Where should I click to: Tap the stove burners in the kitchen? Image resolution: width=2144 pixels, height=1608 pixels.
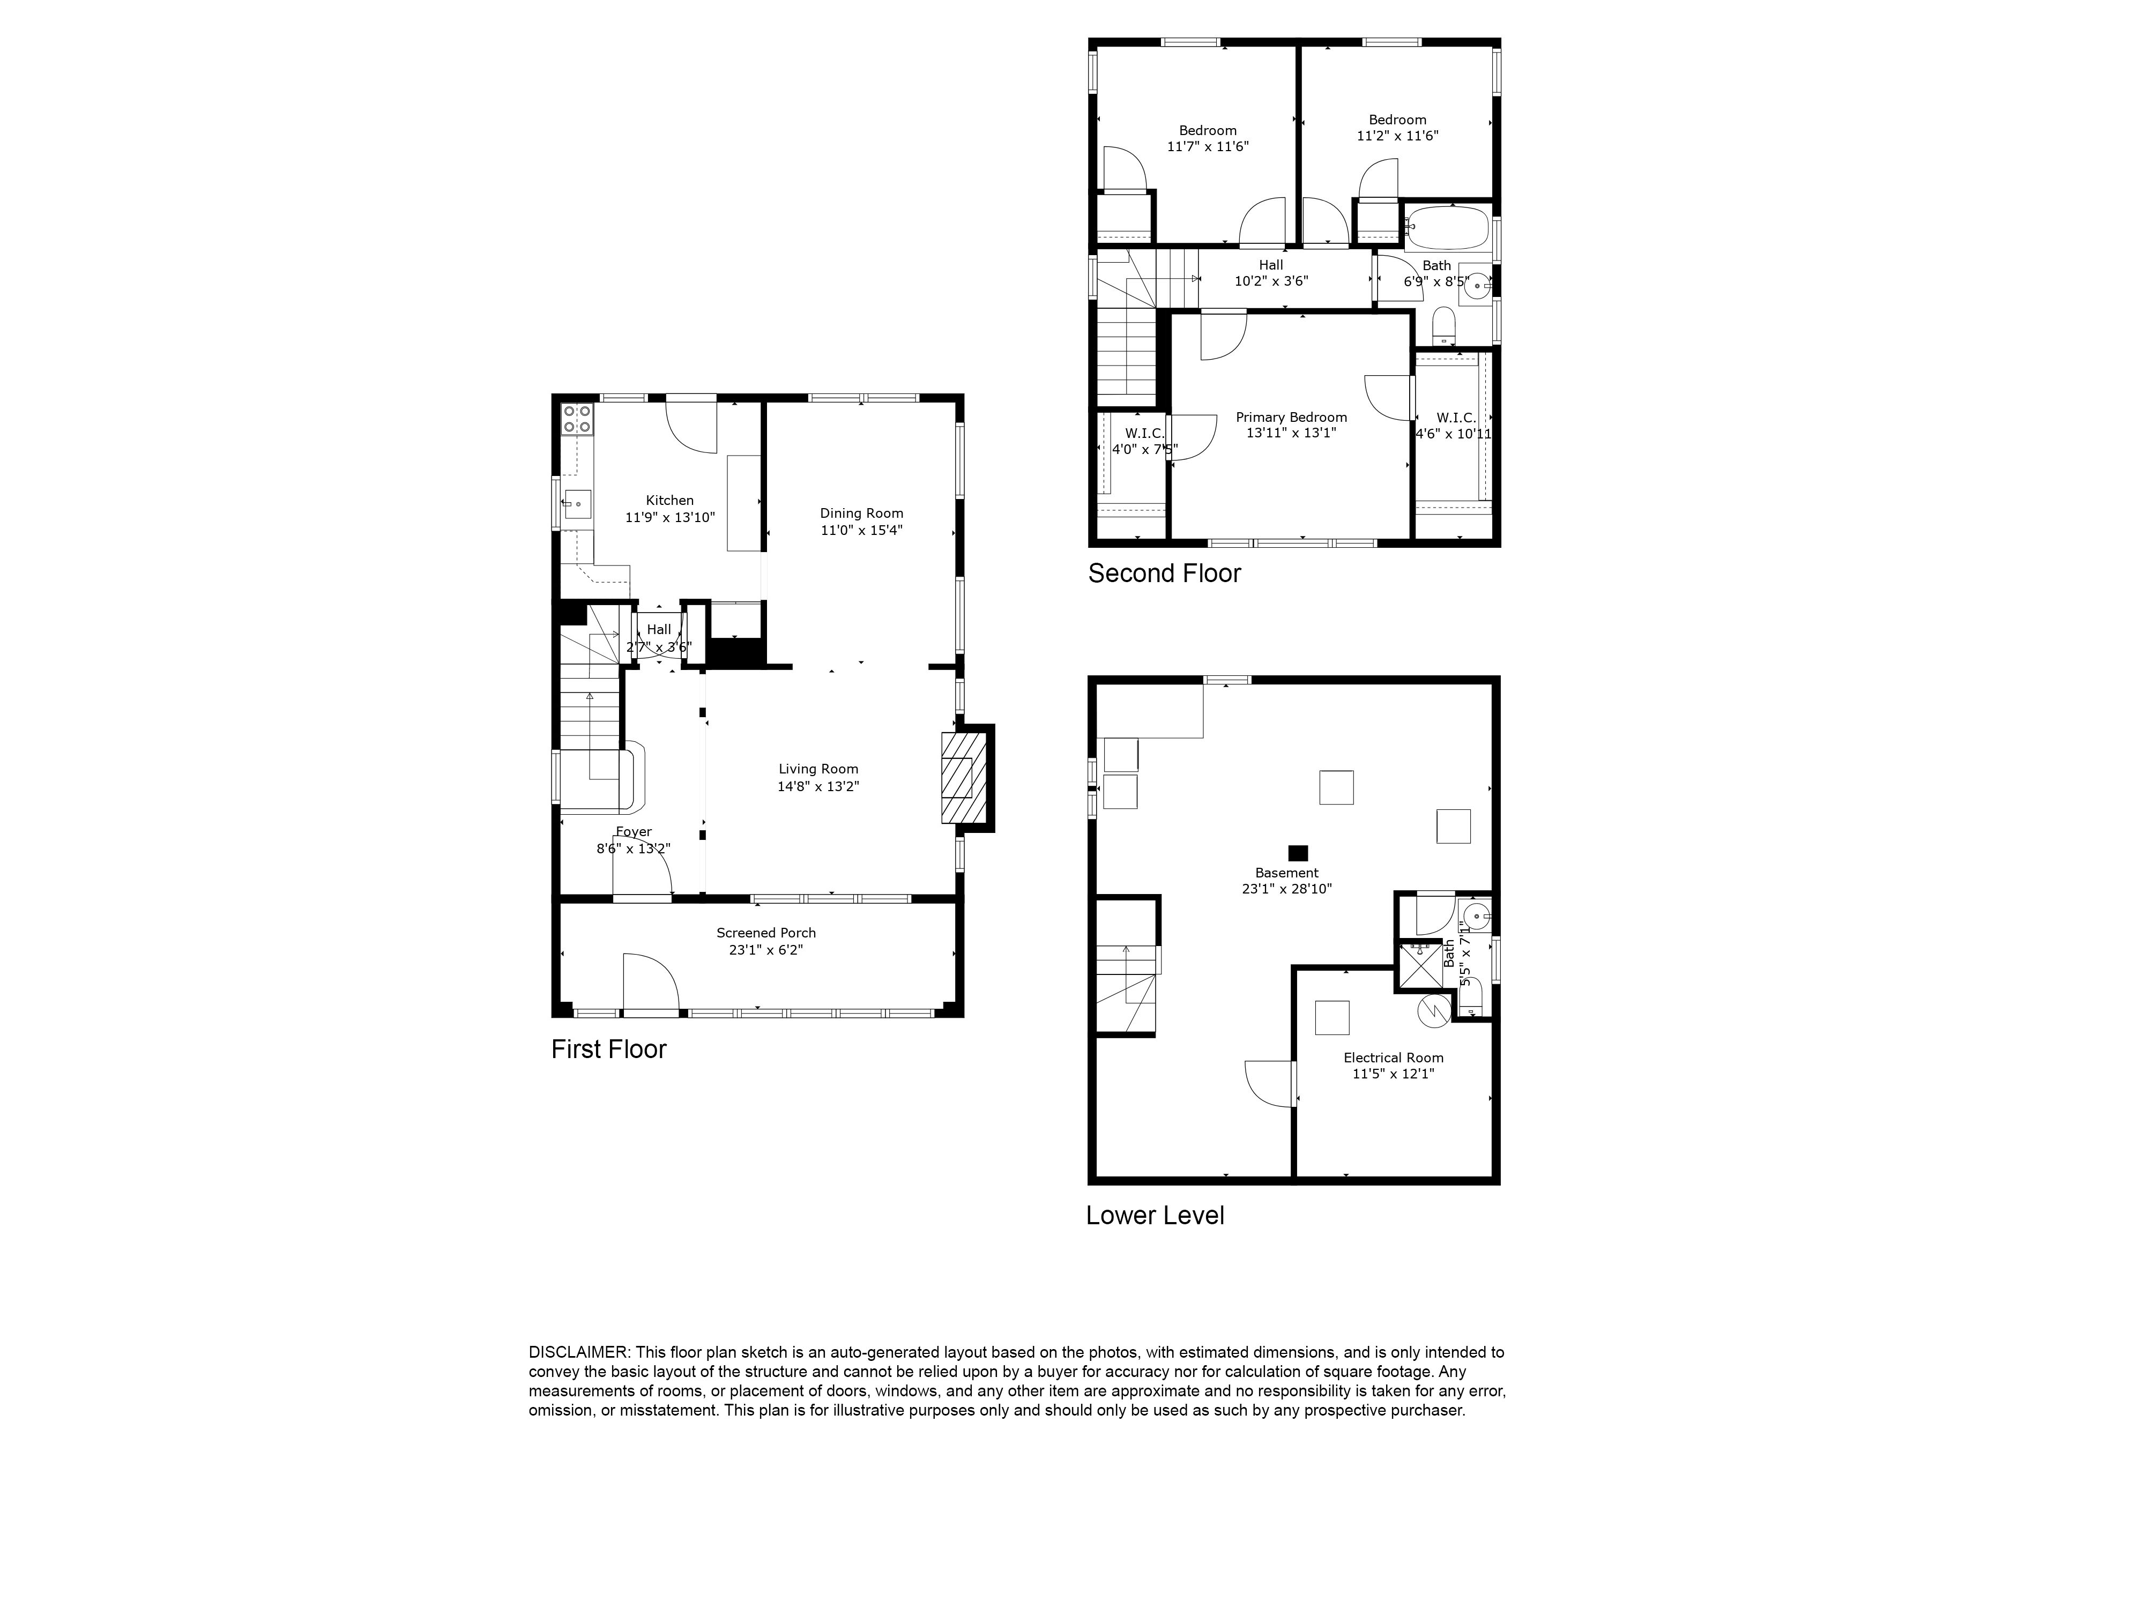tap(578, 418)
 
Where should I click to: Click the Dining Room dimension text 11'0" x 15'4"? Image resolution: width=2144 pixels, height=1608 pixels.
tap(862, 530)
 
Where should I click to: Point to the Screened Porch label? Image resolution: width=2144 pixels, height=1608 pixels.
tap(766, 933)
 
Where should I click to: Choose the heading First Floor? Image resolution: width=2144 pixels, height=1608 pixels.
tap(609, 1049)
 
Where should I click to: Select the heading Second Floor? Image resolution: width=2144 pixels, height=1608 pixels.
tap(1164, 574)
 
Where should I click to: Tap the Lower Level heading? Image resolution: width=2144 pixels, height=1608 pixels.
tap(1155, 1216)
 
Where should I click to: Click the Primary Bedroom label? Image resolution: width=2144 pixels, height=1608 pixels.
tap(1291, 418)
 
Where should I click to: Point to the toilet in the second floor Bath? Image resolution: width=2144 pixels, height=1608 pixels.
tap(1444, 326)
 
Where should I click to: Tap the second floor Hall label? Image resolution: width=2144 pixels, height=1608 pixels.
tap(1271, 265)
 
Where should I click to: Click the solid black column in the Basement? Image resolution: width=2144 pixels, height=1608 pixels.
tap(1298, 853)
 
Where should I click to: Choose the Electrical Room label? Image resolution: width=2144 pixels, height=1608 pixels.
tap(1393, 1058)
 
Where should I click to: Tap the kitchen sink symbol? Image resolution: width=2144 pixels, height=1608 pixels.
tap(578, 504)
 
